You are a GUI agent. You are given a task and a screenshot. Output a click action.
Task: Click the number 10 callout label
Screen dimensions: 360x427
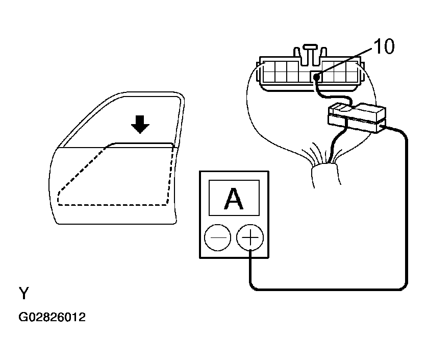[x=384, y=47]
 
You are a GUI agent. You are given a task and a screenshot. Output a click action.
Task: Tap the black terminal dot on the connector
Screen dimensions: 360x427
[x=317, y=77]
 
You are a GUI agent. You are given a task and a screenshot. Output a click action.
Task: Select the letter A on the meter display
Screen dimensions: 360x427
[x=234, y=199]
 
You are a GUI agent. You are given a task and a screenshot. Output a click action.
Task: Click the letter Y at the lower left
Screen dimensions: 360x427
[x=24, y=294]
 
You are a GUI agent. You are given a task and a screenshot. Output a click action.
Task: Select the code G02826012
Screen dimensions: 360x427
[x=52, y=317]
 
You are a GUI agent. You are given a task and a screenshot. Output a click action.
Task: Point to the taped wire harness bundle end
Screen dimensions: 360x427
[x=323, y=174]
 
